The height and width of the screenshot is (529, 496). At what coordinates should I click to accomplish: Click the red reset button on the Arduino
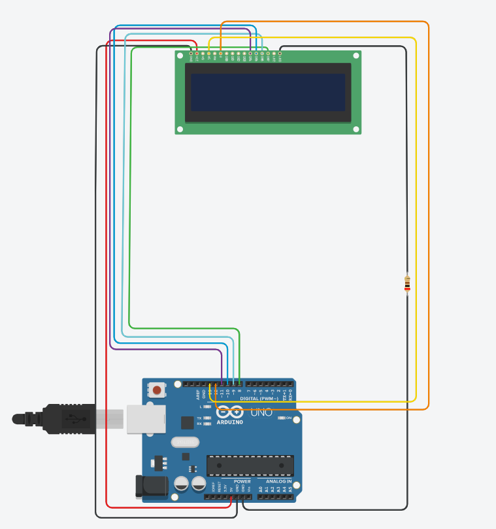[x=156, y=390]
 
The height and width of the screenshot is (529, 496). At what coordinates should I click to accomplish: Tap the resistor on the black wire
[x=407, y=283]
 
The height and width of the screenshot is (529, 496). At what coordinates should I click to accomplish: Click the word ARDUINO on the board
[x=230, y=422]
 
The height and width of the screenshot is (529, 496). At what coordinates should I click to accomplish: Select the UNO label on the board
[x=261, y=412]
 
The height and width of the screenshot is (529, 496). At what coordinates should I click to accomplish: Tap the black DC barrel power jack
[x=150, y=486]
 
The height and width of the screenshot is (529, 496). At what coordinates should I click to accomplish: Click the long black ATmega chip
[x=250, y=465]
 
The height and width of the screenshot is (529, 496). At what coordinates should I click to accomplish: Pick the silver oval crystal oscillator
[x=185, y=442]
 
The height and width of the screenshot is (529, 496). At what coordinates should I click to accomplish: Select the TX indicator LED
[x=207, y=418]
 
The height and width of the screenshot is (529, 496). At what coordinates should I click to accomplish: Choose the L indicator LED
[x=207, y=407]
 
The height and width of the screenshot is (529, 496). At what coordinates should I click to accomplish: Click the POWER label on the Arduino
[x=242, y=481]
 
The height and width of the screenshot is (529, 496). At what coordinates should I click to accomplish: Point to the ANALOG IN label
[x=278, y=481]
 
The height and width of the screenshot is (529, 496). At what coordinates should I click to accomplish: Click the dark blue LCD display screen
[x=268, y=92]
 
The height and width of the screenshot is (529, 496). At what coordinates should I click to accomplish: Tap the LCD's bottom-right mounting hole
[x=356, y=129]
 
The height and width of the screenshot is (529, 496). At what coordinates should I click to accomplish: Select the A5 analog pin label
[x=290, y=489]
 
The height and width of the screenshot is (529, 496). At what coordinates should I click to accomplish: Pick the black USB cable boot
[x=65, y=418]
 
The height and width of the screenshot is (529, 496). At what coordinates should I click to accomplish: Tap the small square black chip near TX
[x=188, y=422]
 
